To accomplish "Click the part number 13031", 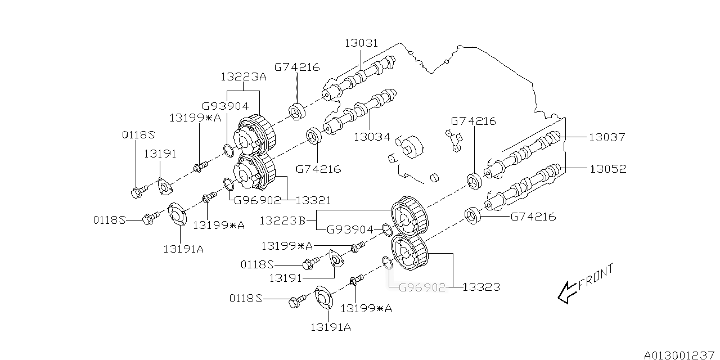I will click(361, 43).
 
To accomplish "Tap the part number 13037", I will click(607, 137).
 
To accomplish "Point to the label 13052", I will click(607, 169).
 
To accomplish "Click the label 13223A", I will click(244, 77).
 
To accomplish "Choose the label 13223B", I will click(282, 221).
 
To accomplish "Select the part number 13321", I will click(313, 200).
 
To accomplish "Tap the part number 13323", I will click(482, 287).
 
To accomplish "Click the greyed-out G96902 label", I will click(422, 287).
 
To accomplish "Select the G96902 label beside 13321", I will click(258, 200).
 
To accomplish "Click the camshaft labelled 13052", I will click(526, 183).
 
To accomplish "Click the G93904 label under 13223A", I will click(226, 106).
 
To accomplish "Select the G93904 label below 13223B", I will click(350, 229).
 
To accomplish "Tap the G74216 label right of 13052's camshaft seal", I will click(533, 217).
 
